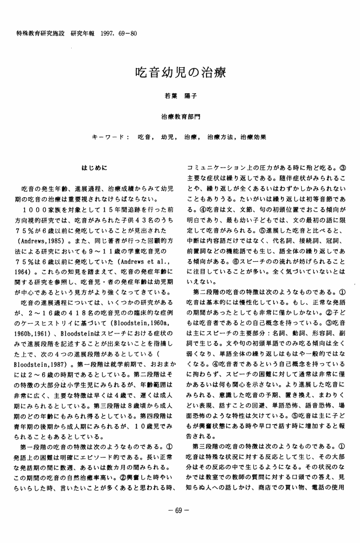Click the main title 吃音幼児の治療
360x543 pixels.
[179, 73]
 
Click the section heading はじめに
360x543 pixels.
[94, 168]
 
